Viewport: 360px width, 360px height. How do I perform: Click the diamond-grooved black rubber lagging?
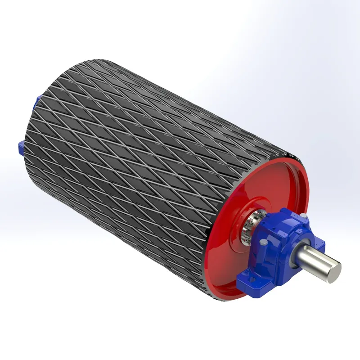pos(135,135)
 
